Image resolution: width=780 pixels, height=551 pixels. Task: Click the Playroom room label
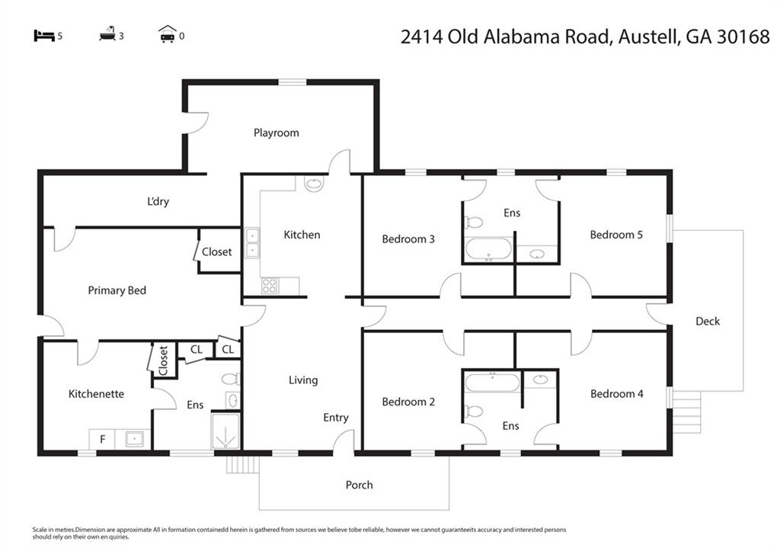tap(276, 133)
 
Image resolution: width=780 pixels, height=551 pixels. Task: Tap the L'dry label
tap(158, 202)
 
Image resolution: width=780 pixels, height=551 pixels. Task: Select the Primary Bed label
tap(117, 290)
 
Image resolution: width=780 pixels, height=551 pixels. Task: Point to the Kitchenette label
tap(96, 394)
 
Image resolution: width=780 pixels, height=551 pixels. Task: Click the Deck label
tap(707, 321)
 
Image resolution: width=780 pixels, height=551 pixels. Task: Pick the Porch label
tap(359, 485)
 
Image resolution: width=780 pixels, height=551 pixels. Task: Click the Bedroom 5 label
tap(615, 235)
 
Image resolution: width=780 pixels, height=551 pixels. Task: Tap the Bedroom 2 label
tap(408, 402)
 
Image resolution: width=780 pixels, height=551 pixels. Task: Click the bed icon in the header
tap(44, 35)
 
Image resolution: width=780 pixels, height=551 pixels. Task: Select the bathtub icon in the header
tap(107, 35)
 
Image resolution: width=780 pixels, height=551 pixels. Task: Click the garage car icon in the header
tap(168, 34)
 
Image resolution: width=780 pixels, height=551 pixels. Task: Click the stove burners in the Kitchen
tap(270, 286)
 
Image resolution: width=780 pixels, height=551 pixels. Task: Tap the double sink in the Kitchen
tap(252, 243)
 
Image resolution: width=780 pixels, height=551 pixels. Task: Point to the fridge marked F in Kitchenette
tap(102, 439)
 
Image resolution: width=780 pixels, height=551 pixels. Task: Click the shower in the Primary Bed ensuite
tap(225, 431)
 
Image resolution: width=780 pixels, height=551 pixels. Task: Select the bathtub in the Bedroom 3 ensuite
tap(488, 249)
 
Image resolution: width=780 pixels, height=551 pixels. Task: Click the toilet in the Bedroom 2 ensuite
tap(473, 412)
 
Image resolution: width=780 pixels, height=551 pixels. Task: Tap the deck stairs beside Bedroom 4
tap(687, 412)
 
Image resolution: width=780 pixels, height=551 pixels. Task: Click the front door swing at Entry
tap(345, 440)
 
